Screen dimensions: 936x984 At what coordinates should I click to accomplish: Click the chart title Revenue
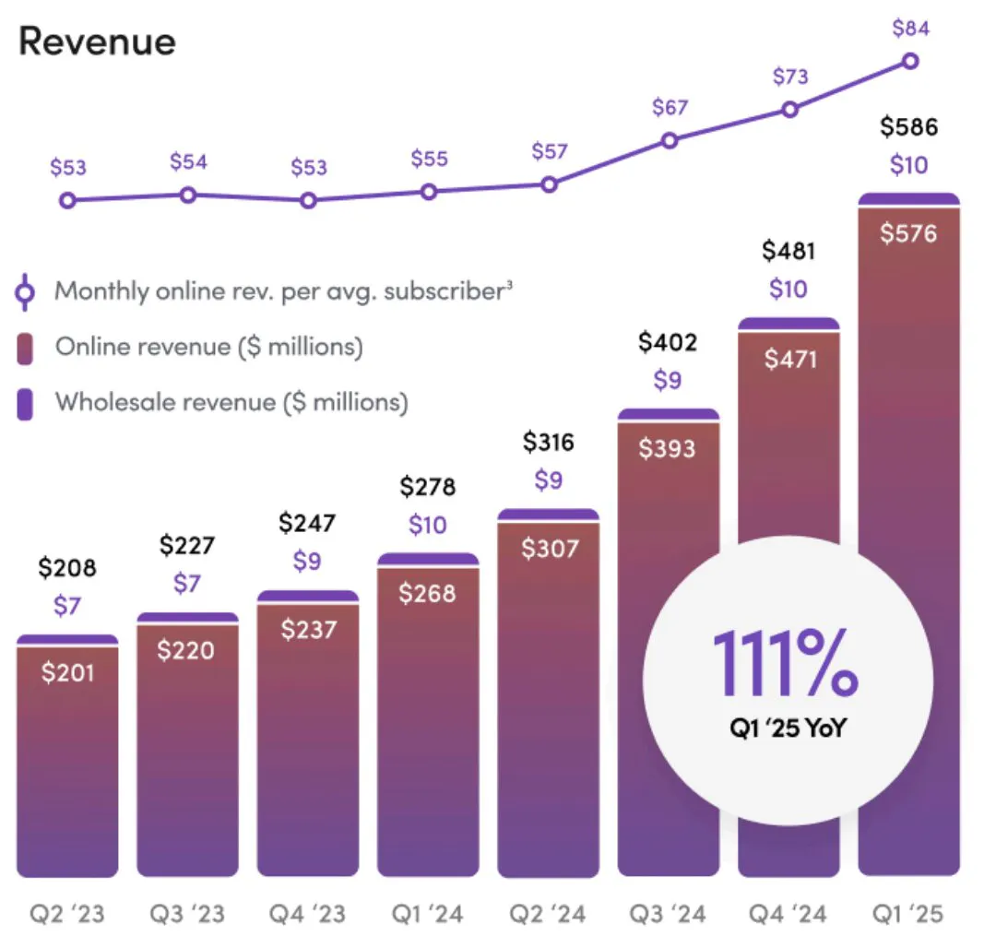click(x=97, y=41)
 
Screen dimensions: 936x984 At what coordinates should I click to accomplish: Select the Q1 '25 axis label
click(x=908, y=914)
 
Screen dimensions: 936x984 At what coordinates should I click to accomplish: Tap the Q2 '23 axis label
click(x=66, y=914)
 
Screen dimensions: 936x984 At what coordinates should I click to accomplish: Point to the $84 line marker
click(x=910, y=61)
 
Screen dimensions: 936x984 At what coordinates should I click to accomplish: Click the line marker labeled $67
click(x=670, y=140)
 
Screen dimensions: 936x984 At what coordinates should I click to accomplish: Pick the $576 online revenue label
click(x=908, y=233)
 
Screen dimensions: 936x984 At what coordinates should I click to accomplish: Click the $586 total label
click(x=908, y=126)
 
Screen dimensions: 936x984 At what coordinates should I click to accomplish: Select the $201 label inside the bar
click(x=67, y=672)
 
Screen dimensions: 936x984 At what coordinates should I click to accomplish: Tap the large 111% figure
click(x=786, y=665)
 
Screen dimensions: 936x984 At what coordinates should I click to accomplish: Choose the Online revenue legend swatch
click(x=26, y=348)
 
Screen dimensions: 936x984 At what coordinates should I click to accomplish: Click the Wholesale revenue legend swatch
click(x=26, y=403)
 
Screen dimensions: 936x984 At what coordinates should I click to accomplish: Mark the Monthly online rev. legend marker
click(x=26, y=292)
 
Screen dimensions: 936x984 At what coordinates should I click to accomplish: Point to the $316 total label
click(x=549, y=442)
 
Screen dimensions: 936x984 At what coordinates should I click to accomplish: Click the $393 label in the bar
click(x=669, y=449)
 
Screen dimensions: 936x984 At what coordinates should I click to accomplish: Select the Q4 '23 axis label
click(x=307, y=914)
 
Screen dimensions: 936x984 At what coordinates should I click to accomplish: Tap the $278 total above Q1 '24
click(x=428, y=486)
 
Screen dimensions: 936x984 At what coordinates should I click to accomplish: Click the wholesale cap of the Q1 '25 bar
click(x=908, y=198)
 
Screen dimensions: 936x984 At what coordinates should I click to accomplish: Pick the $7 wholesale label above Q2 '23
click(x=67, y=606)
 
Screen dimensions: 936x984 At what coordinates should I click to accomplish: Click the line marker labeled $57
click(x=549, y=184)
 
